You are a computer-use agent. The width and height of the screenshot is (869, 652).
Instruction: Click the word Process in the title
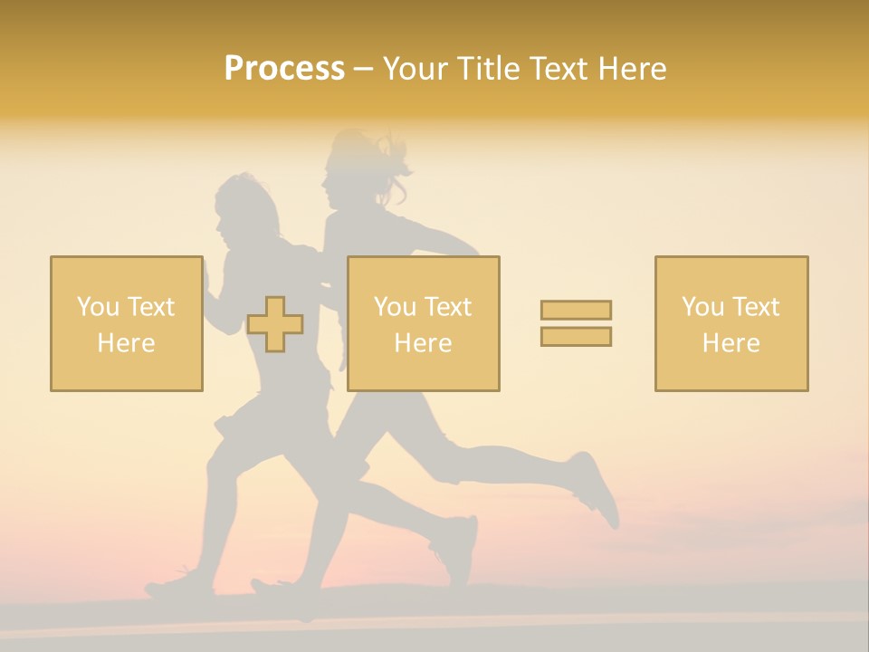[284, 69]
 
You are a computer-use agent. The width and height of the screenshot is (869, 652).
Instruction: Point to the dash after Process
[363, 70]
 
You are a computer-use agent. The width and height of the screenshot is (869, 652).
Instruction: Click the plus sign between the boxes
[275, 324]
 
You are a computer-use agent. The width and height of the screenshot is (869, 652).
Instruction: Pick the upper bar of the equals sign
[576, 310]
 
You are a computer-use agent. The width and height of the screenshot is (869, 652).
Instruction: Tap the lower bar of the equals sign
[576, 337]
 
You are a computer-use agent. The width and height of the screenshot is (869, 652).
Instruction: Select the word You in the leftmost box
[98, 307]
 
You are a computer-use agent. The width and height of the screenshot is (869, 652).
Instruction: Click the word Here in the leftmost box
[126, 343]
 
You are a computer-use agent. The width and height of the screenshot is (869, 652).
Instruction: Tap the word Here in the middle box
[423, 343]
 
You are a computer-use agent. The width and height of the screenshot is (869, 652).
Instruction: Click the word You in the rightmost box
[702, 307]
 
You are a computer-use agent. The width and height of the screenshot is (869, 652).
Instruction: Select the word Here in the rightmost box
[731, 343]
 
